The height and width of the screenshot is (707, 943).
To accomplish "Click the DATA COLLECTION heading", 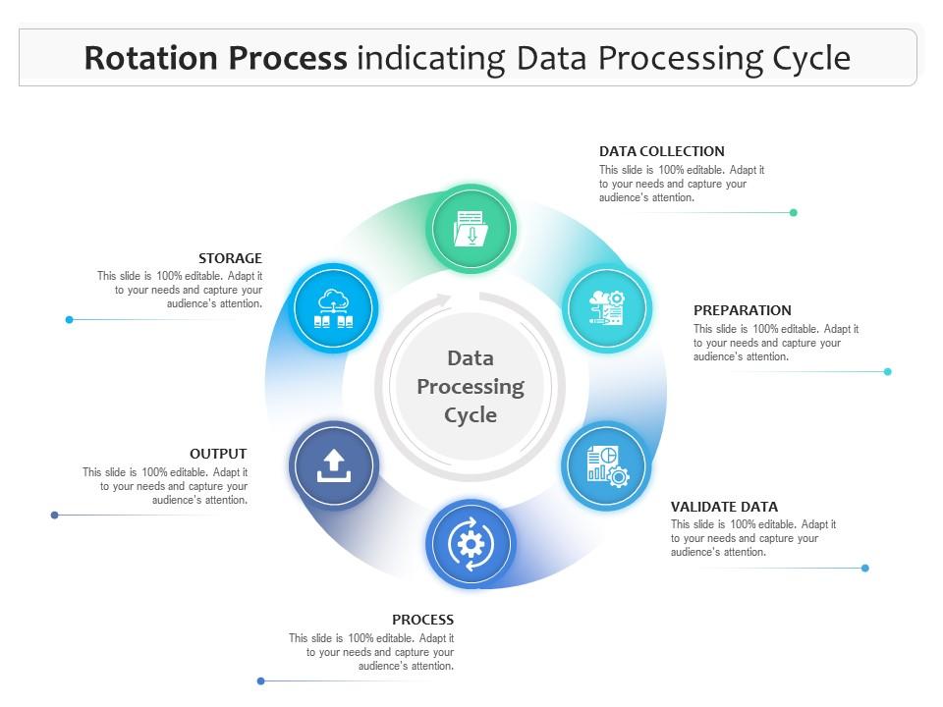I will (x=661, y=151).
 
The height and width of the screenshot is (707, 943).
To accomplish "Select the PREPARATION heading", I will (x=742, y=310).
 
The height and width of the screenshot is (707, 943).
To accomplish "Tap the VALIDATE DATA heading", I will (x=724, y=507).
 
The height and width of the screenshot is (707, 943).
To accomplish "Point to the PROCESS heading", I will (x=422, y=620).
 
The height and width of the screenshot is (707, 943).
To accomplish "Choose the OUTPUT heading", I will (x=218, y=454).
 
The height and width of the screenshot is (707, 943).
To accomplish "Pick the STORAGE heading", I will (x=230, y=258).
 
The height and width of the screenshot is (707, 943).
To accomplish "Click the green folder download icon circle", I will (x=471, y=228).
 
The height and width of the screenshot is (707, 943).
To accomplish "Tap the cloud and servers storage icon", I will (x=335, y=307).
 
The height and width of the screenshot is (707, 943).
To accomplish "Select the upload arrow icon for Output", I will (x=333, y=465).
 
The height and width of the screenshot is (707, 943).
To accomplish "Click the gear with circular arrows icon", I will (x=471, y=544).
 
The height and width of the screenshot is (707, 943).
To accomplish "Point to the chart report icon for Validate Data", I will (x=607, y=465).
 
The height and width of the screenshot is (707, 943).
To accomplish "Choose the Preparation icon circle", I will (x=607, y=307).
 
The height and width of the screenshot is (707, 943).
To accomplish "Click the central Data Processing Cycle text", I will (x=471, y=386).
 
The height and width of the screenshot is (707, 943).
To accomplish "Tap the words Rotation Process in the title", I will (x=215, y=59).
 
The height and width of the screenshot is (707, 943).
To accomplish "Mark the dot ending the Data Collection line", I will (x=794, y=212).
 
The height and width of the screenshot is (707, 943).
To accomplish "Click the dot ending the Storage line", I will (x=69, y=319).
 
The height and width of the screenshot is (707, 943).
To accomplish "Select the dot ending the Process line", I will (x=260, y=680).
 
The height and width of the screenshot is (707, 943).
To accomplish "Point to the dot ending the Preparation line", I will (x=888, y=371).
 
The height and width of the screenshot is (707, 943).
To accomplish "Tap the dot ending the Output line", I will (x=54, y=515).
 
